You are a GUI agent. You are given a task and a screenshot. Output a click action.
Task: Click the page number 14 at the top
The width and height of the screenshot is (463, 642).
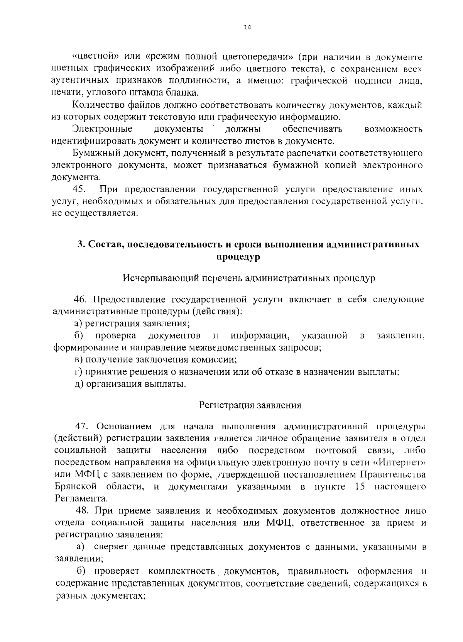click(x=247, y=27)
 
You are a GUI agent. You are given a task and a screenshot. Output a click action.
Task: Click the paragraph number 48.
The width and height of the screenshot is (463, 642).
click(x=84, y=511)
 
